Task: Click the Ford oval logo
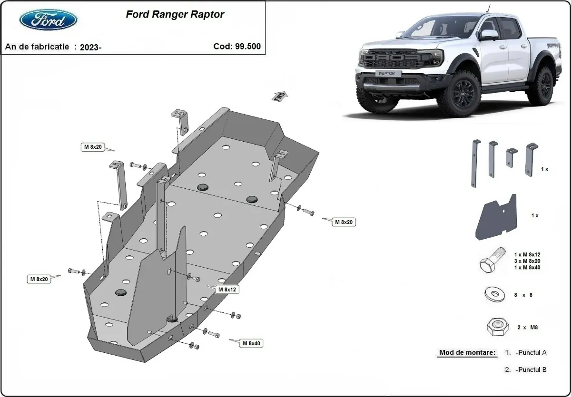tap(48, 19)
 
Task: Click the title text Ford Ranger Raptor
tap(175, 14)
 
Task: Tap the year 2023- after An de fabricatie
tap(90, 47)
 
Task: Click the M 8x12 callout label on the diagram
tap(227, 289)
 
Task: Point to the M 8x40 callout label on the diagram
tap(252, 343)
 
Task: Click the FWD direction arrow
tap(279, 96)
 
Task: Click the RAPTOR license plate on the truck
tap(390, 74)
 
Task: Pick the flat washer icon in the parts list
tap(494, 294)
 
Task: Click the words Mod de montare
tap(467, 353)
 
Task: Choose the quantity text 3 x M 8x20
tap(527, 261)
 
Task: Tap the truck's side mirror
tap(488, 35)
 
